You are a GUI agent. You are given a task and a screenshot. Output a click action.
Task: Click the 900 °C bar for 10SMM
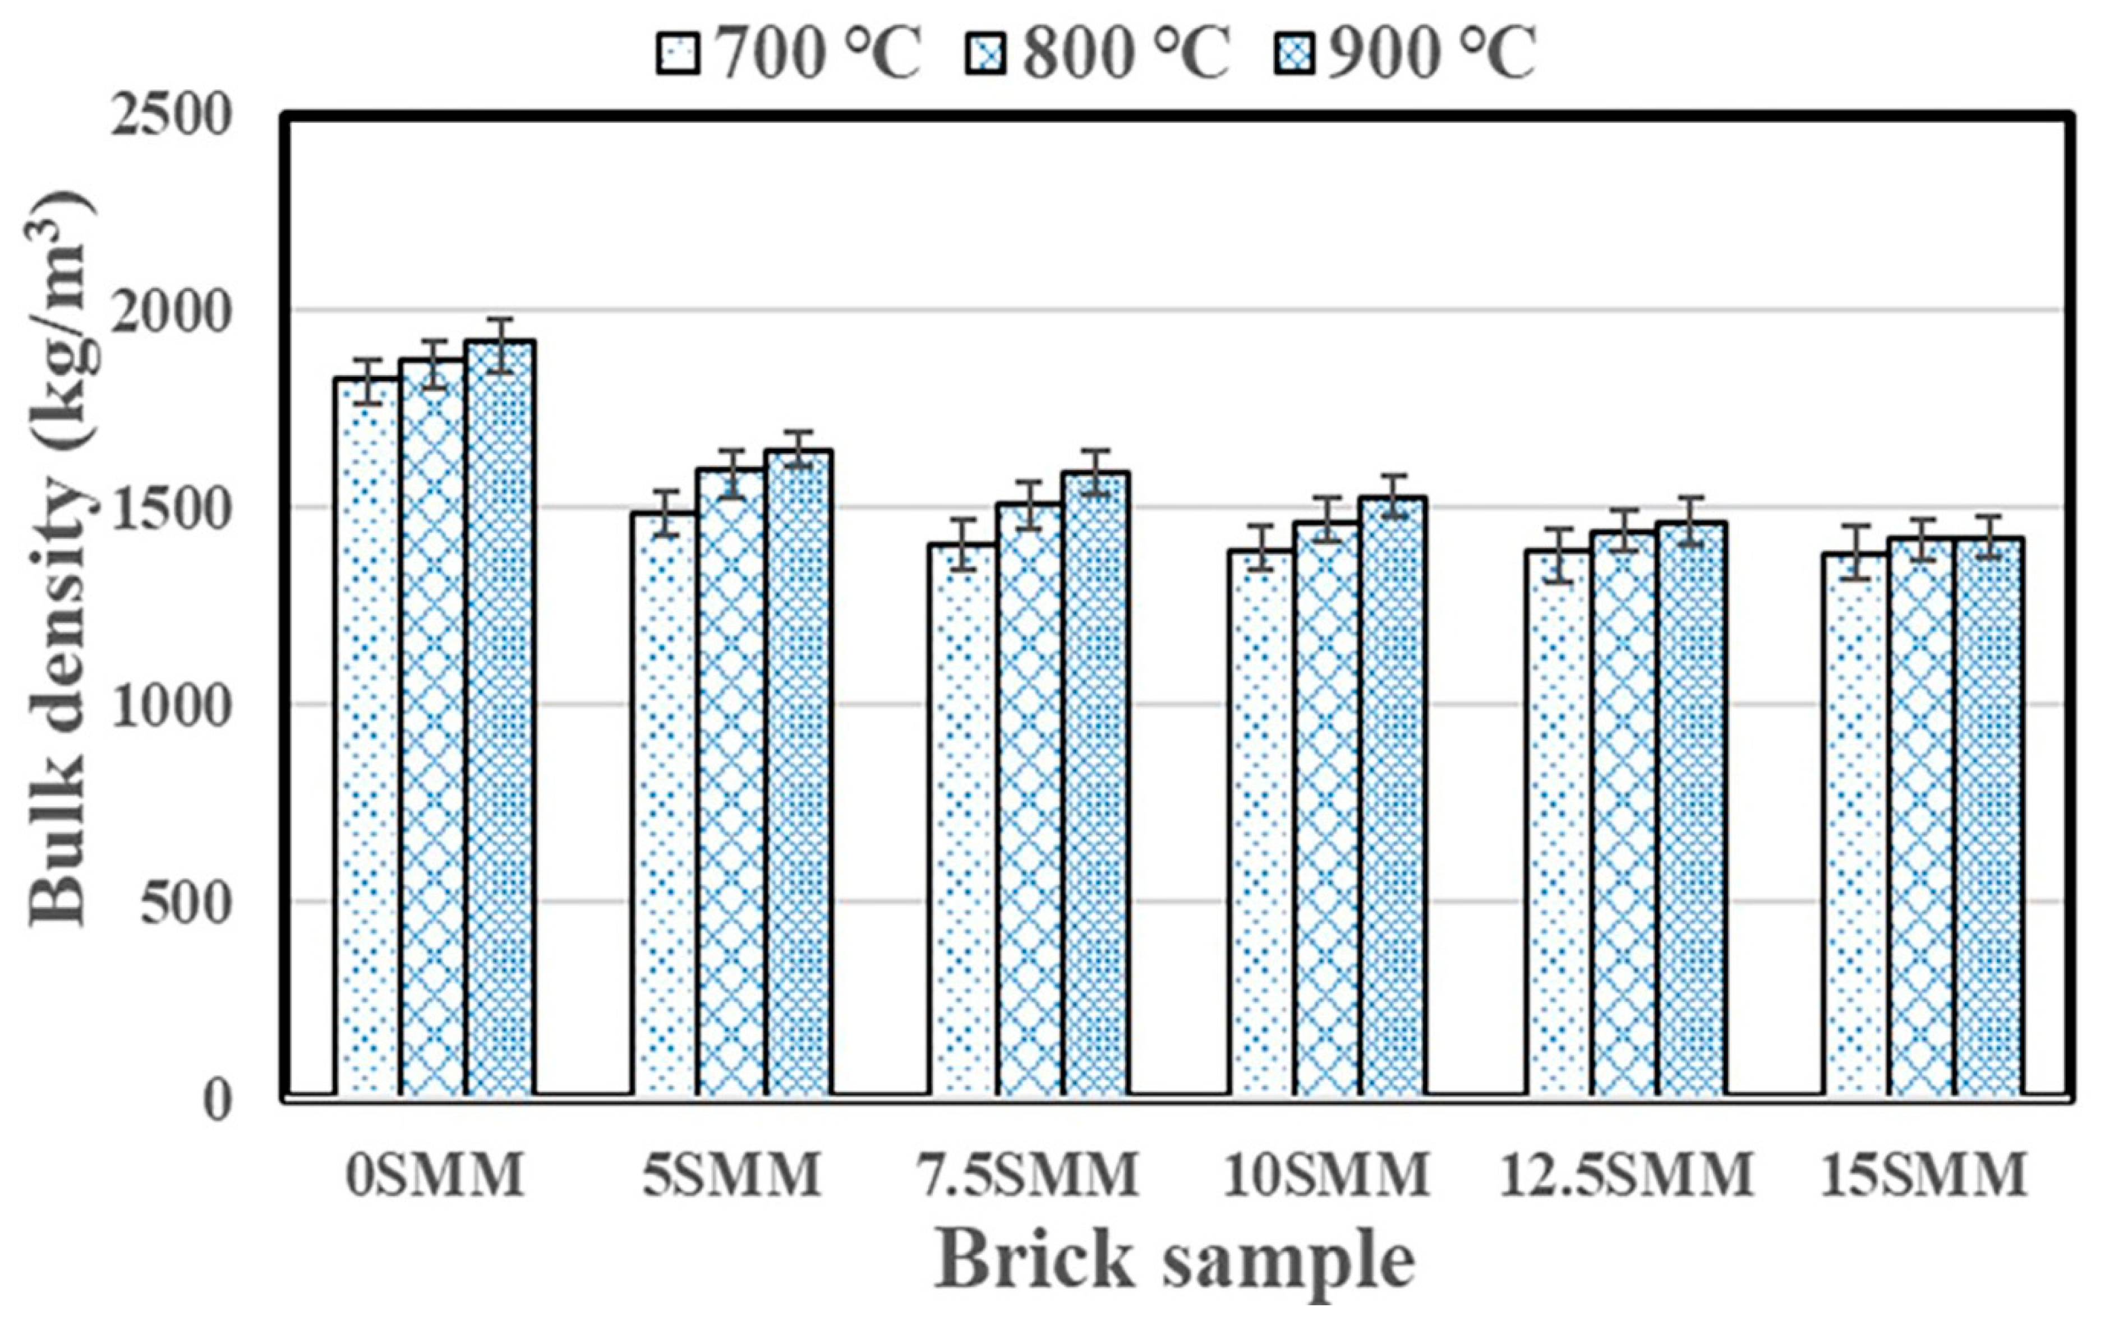(x=1393, y=796)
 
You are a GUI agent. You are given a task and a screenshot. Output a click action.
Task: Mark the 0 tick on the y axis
(x=219, y=1099)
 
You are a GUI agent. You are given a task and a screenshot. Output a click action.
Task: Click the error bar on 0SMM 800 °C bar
(x=434, y=364)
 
